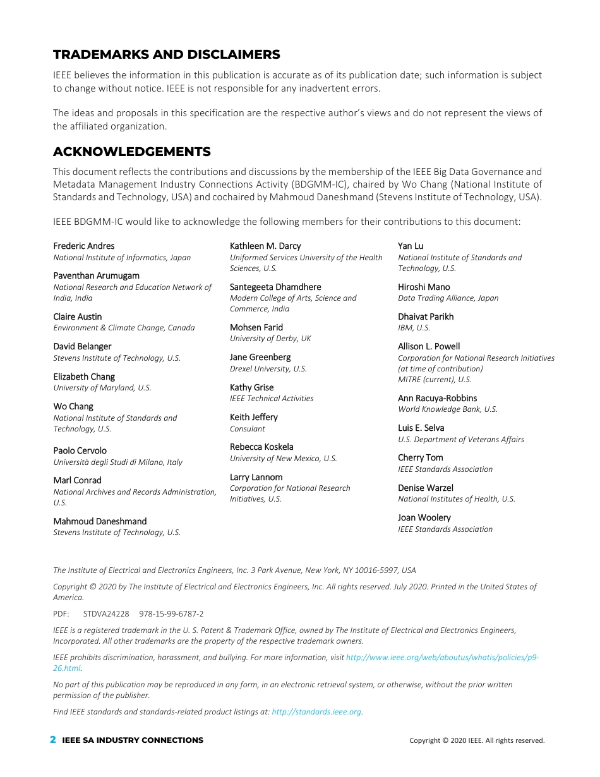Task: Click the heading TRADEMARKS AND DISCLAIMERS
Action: [167, 54]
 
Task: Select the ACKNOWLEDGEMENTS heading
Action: [132, 152]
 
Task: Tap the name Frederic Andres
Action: [84, 246]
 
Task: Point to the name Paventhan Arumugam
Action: [97, 275]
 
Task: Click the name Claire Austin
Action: [78, 316]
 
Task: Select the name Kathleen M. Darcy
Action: [265, 246]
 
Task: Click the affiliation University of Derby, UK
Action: [270, 339]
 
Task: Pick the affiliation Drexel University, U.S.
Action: [268, 369]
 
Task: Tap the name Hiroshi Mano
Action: [424, 287]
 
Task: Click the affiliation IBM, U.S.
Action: [414, 328]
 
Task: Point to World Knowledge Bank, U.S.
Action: [448, 409]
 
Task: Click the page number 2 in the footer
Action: [53, 740]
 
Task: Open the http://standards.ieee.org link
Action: [316, 712]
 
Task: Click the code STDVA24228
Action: [106, 614]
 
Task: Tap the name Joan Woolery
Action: [424, 517]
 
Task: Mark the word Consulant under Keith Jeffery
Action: [248, 428]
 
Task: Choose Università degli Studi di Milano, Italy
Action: [118, 462]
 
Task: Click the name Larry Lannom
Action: [256, 477]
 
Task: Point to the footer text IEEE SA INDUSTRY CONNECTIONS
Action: [133, 740]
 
